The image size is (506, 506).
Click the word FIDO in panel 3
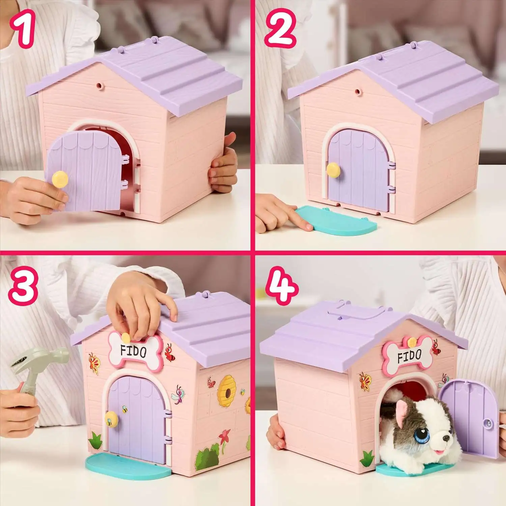pos(133,351)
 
